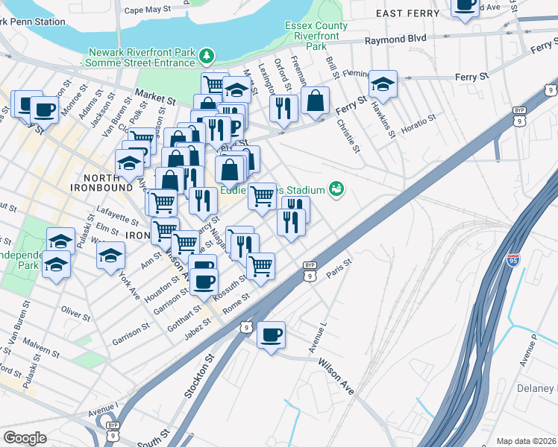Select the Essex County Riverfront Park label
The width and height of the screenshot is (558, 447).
tap(316, 34)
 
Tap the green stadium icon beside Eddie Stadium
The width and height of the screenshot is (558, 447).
tap(338, 188)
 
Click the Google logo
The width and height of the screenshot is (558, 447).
tap(25, 437)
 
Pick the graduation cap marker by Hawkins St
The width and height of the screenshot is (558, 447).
tap(383, 84)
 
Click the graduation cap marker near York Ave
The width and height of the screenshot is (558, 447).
tap(110, 255)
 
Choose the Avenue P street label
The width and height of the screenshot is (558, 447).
tap(530, 352)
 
